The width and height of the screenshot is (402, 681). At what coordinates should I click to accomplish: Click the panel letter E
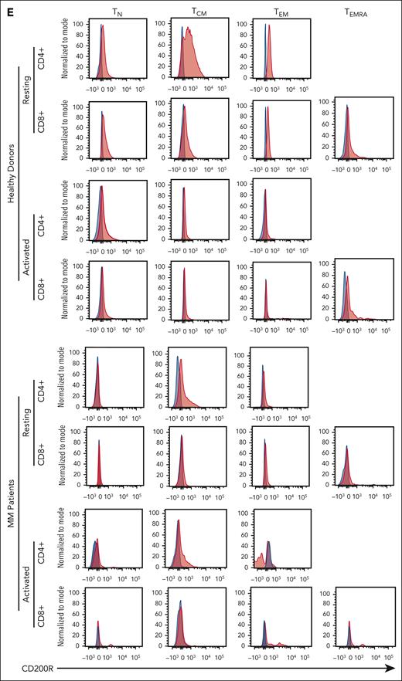(6, 7)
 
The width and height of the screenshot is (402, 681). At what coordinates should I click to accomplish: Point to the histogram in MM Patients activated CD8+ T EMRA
(349, 633)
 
